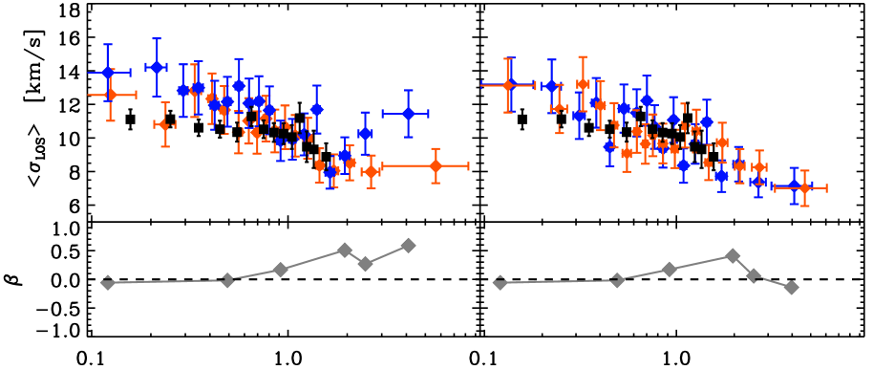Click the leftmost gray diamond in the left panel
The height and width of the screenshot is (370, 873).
coord(107,282)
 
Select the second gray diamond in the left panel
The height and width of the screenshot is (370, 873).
coord(227,280)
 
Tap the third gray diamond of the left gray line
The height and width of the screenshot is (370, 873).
coord(280,270)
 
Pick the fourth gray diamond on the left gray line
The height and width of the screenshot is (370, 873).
coord(345,250)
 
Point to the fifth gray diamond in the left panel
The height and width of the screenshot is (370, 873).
coord(365,264)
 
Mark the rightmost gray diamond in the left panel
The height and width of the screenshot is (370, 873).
coord(408,246)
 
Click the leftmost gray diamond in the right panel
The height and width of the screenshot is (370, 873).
coord(500,282)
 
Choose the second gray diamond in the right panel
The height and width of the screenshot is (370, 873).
coord(617,280)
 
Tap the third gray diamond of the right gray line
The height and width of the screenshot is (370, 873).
coord(670,270)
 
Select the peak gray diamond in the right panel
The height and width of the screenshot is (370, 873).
coord(733,255)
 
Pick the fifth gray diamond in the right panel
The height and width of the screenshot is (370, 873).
coord(753,275)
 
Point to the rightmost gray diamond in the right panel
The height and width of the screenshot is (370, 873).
coord(791,287)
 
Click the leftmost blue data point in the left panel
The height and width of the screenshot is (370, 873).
coord(107,73)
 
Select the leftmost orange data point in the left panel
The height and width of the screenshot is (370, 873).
coord(110,94)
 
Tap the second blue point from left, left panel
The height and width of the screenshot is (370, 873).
coord(156,67)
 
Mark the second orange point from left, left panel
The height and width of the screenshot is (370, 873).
coord(164,124)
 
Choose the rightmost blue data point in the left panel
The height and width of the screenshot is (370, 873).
coord(408,113)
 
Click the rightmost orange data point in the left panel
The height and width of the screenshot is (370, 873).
coord(436,165)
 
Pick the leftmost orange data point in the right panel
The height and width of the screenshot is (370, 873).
coord(508,85)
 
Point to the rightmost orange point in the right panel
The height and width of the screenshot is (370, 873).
coord(804,188)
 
